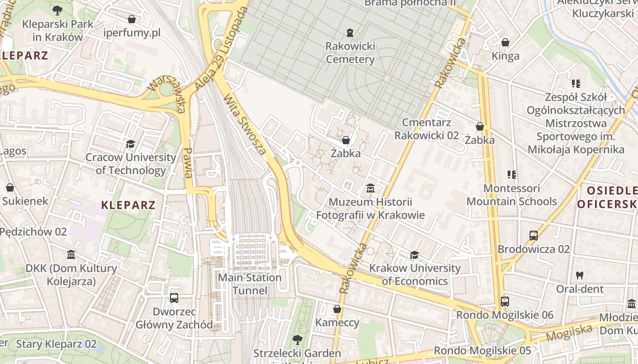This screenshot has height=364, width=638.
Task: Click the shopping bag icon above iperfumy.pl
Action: pos(132,19)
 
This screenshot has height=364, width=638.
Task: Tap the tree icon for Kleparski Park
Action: pos(57,10)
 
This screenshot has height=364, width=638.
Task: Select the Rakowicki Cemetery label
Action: pos(350,52)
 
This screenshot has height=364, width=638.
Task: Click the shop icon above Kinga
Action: pos(505,43)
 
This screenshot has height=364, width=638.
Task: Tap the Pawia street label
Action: pos(187,163)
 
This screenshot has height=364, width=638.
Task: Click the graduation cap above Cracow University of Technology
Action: pos(131,144)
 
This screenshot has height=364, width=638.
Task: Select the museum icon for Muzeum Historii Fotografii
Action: pos(370,188)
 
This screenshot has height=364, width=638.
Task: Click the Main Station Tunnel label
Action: pos(250,284)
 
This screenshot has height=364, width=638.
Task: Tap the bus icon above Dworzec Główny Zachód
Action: pos(174,298)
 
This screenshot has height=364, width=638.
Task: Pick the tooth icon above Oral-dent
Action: pos(580,275)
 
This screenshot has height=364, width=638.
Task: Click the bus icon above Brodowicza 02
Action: pos(534,236)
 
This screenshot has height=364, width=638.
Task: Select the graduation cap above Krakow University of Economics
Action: pos(414,255)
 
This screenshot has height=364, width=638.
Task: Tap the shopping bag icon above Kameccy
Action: pos(337,309)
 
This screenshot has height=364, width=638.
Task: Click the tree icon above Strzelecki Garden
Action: pos(297,339)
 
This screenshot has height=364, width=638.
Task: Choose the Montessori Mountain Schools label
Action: pos(511,195)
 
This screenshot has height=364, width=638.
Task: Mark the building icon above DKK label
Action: pos(71,255)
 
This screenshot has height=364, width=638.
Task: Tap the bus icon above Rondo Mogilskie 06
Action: pos(504,301)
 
